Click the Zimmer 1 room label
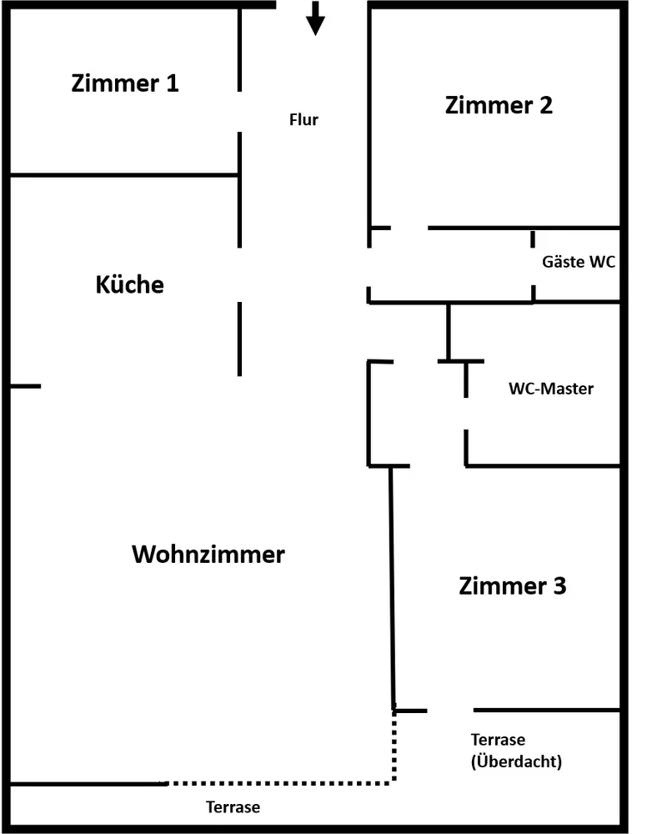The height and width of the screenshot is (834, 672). click(x=125, y=83)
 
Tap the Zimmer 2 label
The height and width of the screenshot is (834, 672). click(x=499, y=105)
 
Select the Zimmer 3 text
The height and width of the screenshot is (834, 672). click(x=513, y=586)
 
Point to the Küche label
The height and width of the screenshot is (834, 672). click(x=130, y=284)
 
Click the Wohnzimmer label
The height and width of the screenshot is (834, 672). click(x=208, y=555)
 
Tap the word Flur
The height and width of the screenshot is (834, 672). click(x=303, y=119)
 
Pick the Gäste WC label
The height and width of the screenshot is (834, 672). click(x=579, y=261)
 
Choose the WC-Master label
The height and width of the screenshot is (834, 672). click(x=551, y=389)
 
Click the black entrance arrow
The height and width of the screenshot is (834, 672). click(x=315, y=18)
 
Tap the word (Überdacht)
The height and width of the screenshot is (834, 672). click(x=516, y=761)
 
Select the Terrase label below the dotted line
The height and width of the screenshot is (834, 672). click(x=233, y=806)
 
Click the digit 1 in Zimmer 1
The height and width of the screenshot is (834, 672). click(x=173, y=83)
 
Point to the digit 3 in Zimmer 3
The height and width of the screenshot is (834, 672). click(x=559, y=586)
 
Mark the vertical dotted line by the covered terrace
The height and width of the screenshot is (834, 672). click(x=394, y=746)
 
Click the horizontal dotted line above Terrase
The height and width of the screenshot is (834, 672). click(x=279, y=783)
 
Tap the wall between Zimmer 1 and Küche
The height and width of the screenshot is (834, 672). click(x=124, y=174)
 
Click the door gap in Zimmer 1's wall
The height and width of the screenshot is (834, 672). click(x=240, y=112)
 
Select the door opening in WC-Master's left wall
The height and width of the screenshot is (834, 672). click(x=466, y=414)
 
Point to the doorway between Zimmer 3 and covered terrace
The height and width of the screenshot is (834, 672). click(x=450, y=710)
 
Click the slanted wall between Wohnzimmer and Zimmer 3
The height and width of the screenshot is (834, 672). click(x=393, y=588)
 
